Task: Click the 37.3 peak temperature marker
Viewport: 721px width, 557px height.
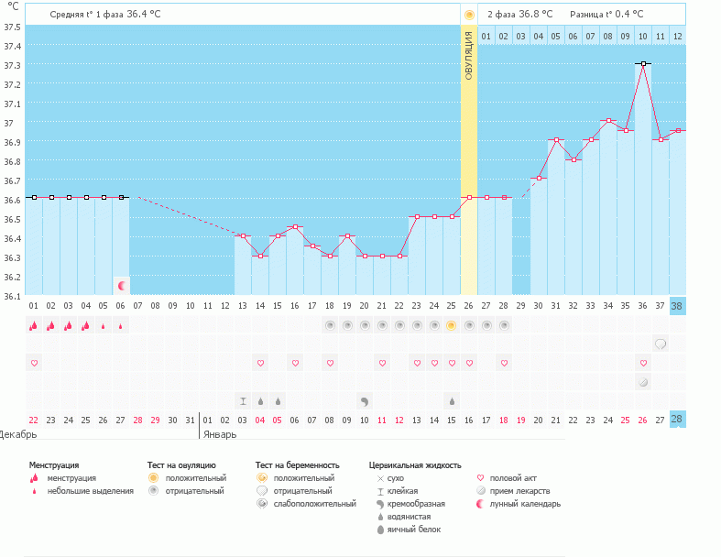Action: click(644, 64)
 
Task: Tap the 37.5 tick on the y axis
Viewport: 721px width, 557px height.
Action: click(13, 27)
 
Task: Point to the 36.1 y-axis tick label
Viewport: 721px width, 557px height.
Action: click(13, 296)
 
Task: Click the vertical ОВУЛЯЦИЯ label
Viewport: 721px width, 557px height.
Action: click(469, 55)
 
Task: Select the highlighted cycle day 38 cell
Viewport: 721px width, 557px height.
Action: click(677, 306)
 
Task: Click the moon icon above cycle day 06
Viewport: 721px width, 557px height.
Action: click(121, 286)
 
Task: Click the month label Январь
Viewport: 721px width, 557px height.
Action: click(220, 433)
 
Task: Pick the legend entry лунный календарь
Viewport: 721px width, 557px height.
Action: click(525, 504)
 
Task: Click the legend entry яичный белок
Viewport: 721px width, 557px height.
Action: click(415, 530)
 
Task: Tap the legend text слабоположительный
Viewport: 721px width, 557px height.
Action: click(311, 504)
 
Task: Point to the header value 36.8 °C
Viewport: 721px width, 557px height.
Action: click(535, 14)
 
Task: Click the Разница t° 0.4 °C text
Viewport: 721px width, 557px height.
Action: click(606, 14)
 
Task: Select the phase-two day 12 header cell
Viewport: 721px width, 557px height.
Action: click(677, 36)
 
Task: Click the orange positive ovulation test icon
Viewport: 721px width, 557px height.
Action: click(451, 325)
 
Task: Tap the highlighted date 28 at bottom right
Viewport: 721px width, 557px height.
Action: click(677, 420)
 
